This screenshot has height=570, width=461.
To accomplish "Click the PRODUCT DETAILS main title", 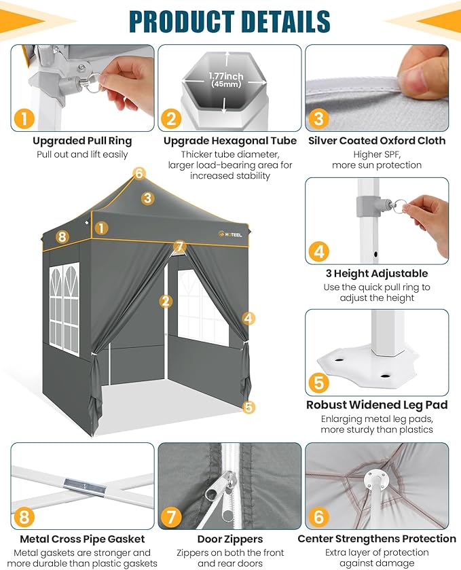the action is (x=229, y=21).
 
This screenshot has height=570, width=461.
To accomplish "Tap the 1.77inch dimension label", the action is (x=225, y=76).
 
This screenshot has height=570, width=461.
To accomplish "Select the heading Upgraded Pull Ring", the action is (x=82, y=141).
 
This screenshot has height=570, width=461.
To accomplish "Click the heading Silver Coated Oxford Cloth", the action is (x=377, y=141).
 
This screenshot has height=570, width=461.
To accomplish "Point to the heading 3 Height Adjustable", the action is (x=377, y=273).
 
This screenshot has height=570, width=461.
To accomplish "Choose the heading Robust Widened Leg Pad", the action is (x=377, y=405).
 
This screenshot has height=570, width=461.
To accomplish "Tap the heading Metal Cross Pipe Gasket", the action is (x=82, y=539).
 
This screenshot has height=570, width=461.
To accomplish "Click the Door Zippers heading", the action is (x=230, y=539).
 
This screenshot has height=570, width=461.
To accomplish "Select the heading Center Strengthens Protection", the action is (x=377, y=538).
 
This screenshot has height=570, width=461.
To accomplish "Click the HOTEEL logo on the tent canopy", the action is (x=230, y=234).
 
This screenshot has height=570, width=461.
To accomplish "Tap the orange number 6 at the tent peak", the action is (x=139, y=173).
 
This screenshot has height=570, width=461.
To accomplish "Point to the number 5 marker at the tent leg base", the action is (x=248, y=407).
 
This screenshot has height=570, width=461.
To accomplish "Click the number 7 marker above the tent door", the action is (x=179, y=247).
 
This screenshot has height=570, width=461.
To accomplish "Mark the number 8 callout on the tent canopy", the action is (x=62, y=236).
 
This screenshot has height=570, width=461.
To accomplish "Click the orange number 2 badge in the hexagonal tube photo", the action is (x=171, y=119).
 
